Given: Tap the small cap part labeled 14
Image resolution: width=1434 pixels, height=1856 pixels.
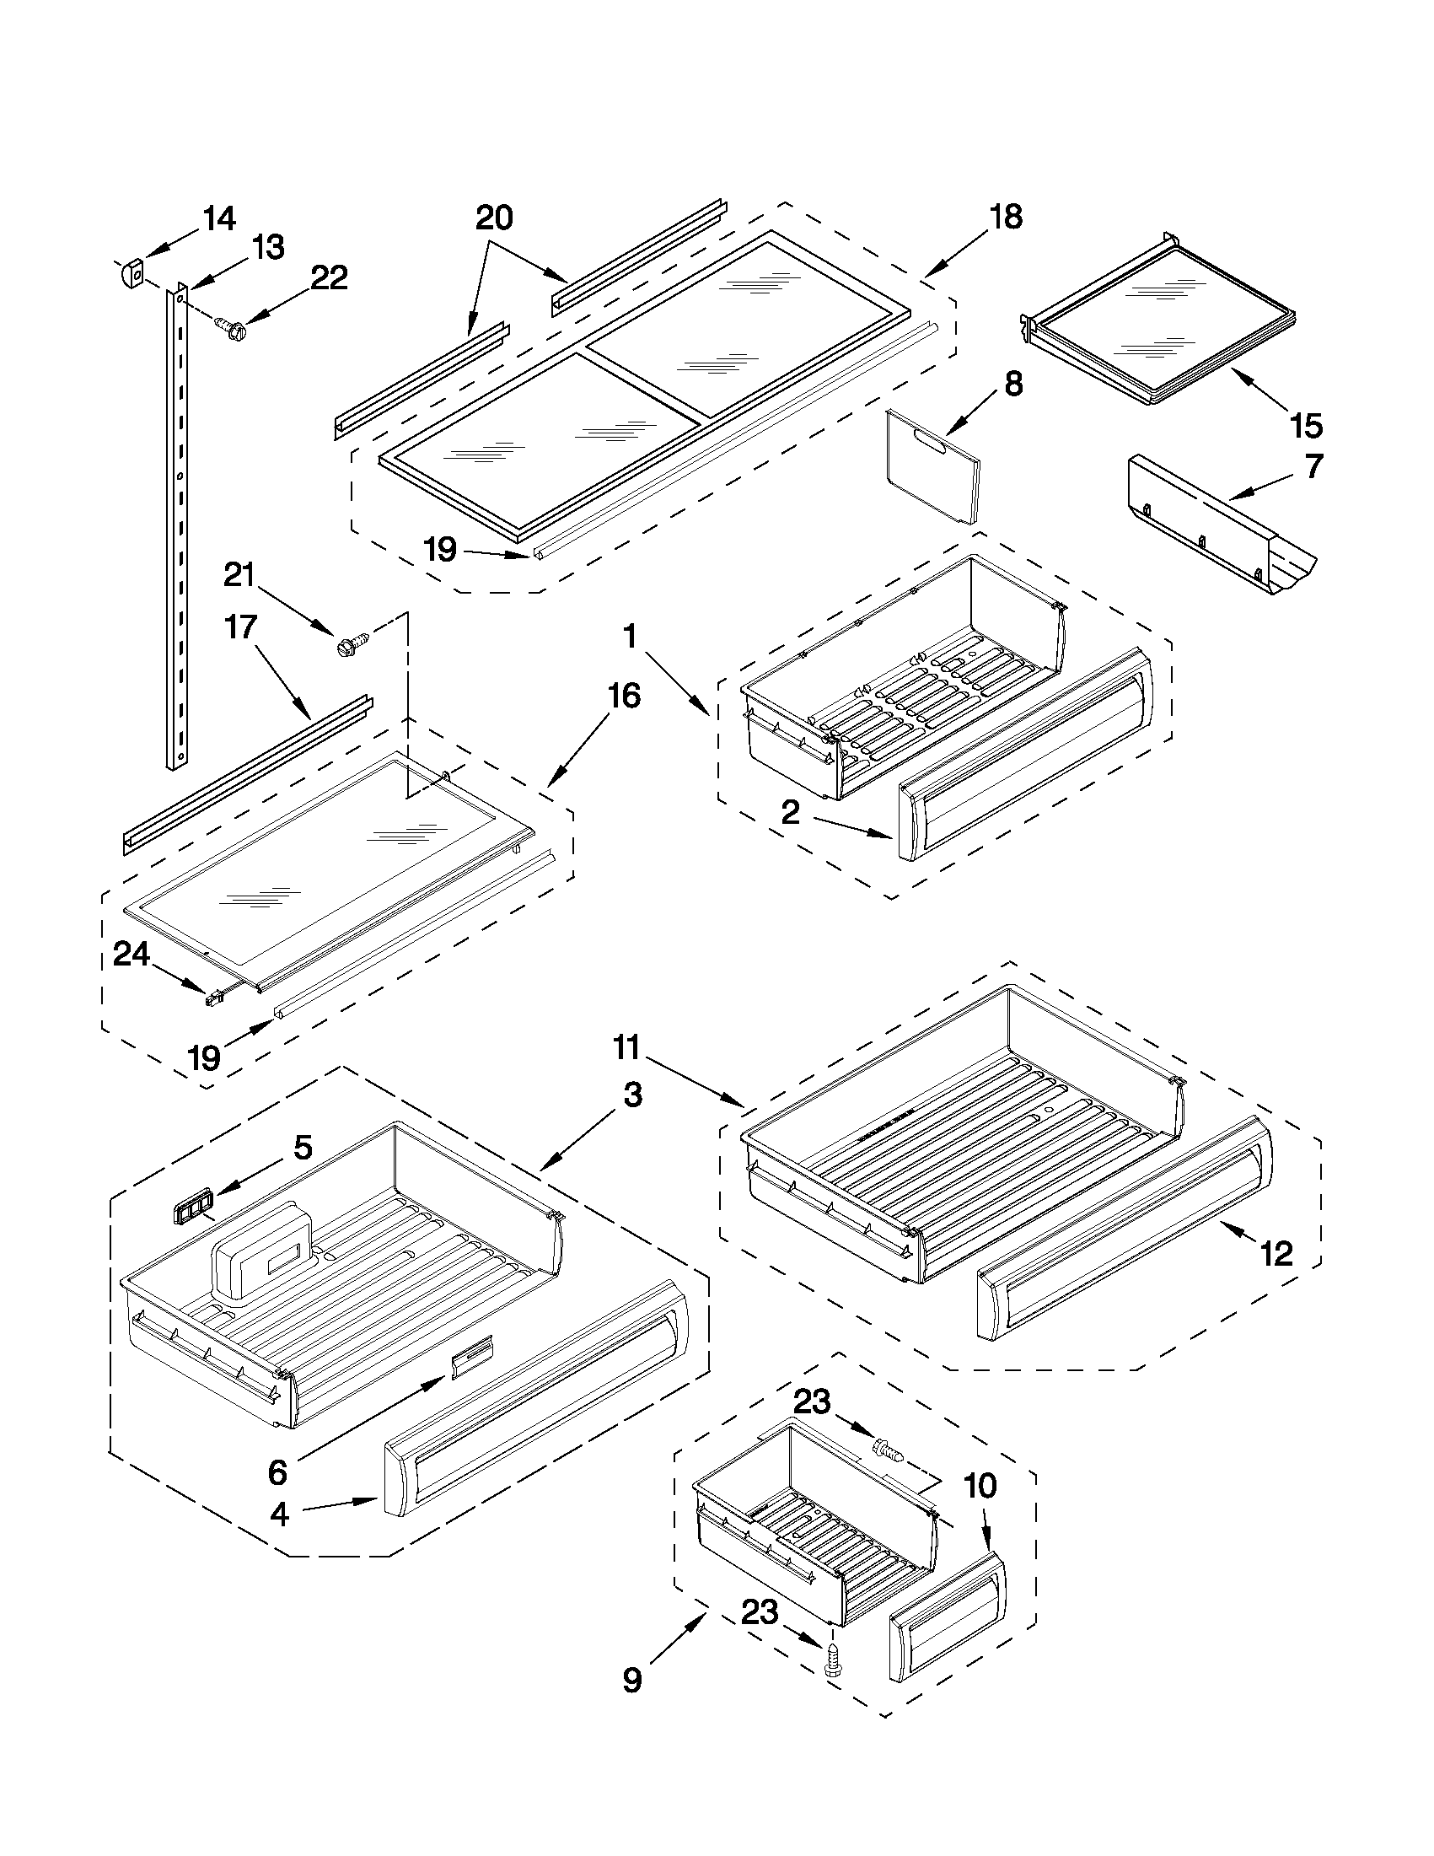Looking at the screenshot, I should click(x=127, y=275).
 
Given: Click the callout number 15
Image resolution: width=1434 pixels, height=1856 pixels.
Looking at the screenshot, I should click(x=1306, y=425).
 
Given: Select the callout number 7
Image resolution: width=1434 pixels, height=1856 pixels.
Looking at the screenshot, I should click(x=1313, y=466).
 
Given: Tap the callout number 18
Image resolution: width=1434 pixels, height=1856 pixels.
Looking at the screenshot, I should click(x=1007, y=217).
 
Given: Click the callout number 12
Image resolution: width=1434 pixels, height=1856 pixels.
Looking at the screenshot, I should click(x=1276, y=1252).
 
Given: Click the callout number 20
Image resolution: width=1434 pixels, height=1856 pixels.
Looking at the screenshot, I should click(x=493, y=218).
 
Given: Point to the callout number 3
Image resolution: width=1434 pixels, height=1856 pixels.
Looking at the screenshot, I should click(x=632, y=1095).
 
